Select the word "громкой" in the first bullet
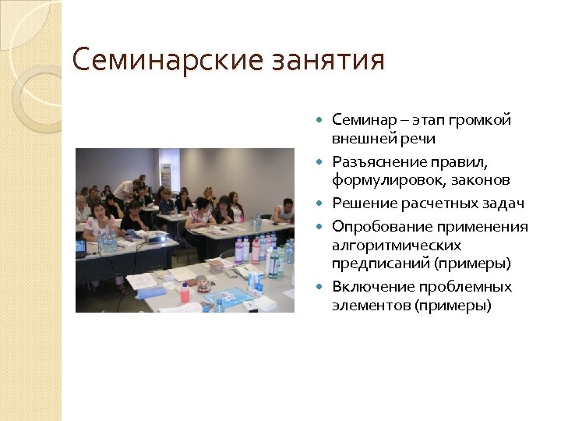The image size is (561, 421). coord(483,121)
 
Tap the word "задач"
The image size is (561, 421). coord(503,203)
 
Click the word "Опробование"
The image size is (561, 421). coord(373,227)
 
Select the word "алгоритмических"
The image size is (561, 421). coord(397,245)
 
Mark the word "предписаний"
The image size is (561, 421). coord(372,264)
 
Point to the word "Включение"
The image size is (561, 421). coord(366,287)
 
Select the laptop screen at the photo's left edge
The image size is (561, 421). coord(80,247)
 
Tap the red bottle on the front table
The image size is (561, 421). coord(185,293)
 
